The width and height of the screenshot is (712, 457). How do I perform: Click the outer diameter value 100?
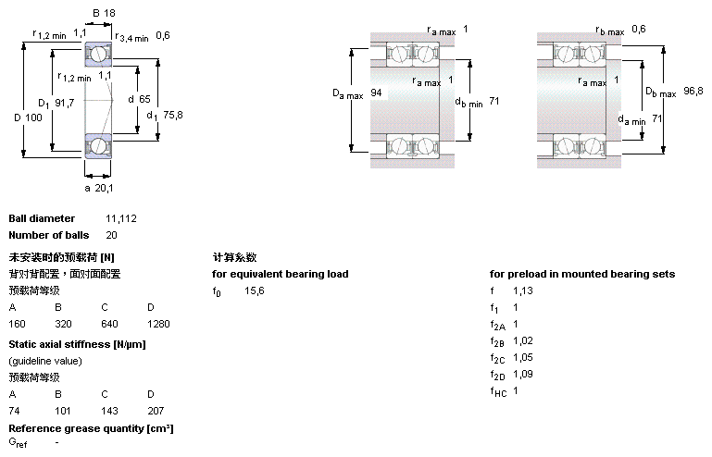34,117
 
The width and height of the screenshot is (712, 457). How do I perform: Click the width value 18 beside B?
110,14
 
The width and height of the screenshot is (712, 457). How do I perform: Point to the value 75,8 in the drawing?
173,115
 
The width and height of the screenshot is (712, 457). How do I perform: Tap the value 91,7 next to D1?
64,103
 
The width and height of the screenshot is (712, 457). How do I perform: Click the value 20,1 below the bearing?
105,188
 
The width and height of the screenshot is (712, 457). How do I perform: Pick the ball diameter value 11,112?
121,218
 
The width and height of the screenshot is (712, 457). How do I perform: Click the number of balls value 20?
111,235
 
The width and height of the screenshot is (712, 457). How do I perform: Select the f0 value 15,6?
254,290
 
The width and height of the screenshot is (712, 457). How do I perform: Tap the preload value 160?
17,324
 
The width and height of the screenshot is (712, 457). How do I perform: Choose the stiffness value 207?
155,409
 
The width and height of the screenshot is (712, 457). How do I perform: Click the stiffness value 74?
14,409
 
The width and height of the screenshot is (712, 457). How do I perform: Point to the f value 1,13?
523,290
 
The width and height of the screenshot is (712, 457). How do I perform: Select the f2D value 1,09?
523,374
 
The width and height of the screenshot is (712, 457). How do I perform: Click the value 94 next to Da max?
376,93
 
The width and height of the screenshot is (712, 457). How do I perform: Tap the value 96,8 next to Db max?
693,91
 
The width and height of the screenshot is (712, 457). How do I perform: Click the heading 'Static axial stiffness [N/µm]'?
77,344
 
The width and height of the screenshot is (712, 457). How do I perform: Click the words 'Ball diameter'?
42,218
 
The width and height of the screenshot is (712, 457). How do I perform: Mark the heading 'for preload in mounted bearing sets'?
582,274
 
